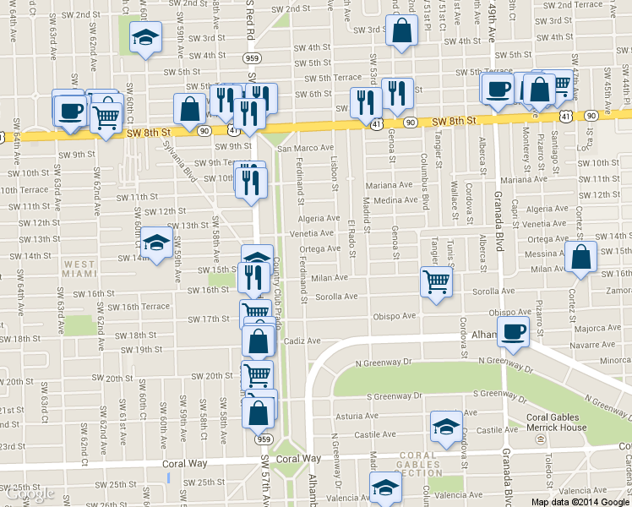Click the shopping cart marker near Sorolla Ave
tap(437, 281)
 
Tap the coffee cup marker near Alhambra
tap(513, 330)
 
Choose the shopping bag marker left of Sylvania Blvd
tap(189, 109)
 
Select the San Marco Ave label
tap(302, 148)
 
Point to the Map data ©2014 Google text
tap(580, 501)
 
